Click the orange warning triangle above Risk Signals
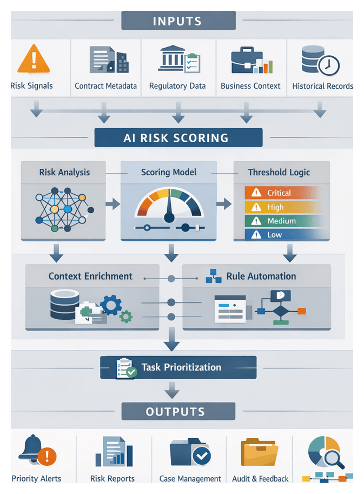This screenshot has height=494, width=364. pos(34,59)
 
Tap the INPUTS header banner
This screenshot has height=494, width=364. pos(178,22)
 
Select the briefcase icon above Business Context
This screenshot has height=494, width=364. pos(247,61)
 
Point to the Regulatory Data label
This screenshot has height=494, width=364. pos(177,86)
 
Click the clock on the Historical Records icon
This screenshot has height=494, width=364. pos(328,66)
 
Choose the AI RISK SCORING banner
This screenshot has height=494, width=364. pos(178,137)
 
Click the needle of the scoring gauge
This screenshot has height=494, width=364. pos(169,208)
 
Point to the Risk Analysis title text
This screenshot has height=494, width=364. pos(64,173)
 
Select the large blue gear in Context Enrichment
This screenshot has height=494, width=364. pos(111,305)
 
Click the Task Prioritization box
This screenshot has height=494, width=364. pos(178,367)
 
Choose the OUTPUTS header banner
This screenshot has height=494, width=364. pos(178,412)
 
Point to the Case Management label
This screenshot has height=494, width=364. pos(190,479)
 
